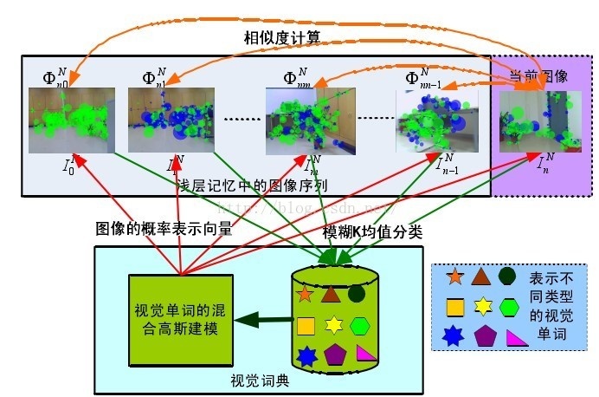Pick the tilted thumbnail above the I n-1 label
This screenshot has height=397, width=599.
(x=431, y=121)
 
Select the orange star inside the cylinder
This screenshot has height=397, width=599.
(x=304, y=293)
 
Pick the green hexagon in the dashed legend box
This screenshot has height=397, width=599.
(x=510, y=306)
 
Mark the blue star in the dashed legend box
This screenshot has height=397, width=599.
(x=454, y=335)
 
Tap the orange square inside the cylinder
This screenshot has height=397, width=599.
(x=305, y=326)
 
